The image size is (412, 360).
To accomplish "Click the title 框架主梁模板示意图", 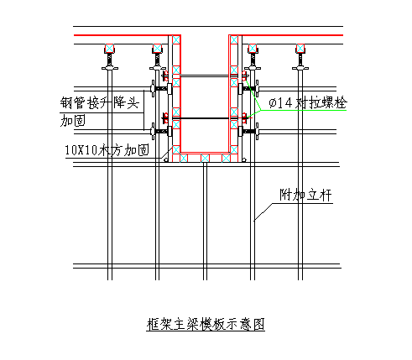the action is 206,325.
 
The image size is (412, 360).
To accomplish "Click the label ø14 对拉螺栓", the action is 308,103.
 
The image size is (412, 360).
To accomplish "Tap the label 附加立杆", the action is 305,195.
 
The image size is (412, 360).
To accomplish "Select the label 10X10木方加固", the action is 107,150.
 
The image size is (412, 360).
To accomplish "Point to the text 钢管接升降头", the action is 100,103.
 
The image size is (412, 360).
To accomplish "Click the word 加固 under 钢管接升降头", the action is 73,121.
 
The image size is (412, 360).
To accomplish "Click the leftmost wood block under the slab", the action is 109,49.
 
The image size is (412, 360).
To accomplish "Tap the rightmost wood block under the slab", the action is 300,49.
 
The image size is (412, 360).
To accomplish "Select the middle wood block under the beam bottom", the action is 205,158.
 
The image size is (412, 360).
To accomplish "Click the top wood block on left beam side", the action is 176,39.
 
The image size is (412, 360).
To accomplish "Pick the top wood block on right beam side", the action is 234,39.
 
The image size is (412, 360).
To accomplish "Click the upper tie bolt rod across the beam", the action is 205,76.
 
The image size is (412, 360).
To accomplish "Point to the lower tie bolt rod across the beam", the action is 205,118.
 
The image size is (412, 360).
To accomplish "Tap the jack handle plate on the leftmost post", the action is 110,68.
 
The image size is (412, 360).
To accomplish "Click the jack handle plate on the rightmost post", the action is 300,68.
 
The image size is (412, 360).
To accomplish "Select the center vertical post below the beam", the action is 205,221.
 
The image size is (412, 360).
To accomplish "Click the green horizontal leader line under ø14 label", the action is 304,110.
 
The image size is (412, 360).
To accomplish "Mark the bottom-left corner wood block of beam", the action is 176,149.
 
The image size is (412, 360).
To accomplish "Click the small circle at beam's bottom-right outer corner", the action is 244,160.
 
